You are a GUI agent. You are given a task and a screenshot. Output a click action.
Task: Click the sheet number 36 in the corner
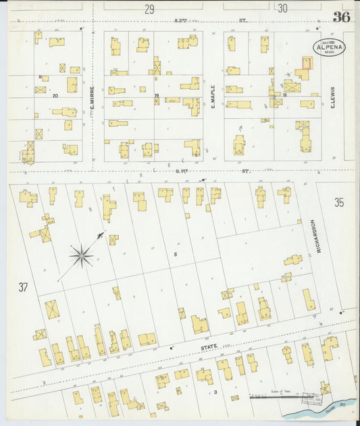click(341, 17)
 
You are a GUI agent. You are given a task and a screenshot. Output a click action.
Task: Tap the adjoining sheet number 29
click(149, 9)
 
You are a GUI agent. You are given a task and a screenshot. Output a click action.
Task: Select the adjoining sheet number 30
click(282, 9)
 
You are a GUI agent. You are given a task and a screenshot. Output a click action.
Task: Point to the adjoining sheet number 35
click(340, 202)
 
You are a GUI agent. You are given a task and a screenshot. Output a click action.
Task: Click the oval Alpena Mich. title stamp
click(328, 47)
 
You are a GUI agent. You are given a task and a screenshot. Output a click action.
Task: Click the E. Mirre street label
click(91, 95)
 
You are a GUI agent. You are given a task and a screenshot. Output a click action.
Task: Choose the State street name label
click(209, 346)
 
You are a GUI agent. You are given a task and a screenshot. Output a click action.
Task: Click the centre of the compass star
click(81, 255)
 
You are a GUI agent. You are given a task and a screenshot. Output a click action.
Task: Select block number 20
click(55, 95)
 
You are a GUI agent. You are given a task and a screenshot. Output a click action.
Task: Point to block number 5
click(174, 254)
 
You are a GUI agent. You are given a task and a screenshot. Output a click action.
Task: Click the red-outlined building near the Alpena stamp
click(307, 63)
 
